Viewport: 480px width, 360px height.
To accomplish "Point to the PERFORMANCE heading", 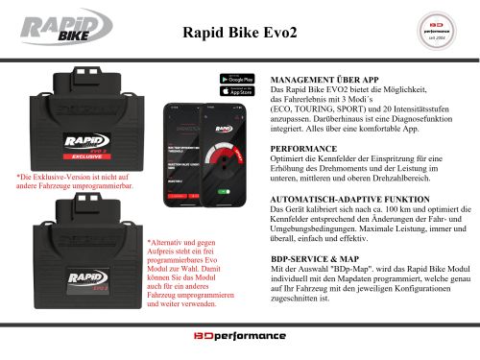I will (304, 150).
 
